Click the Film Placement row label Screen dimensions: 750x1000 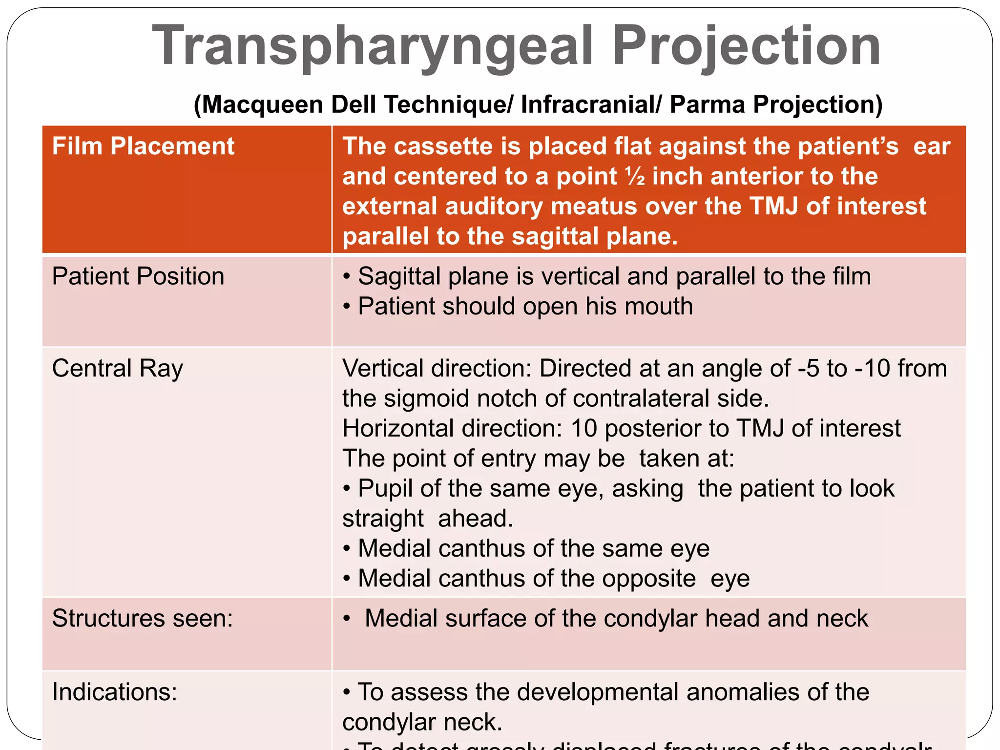pos(143,146)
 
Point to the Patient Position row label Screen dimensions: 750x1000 pos(138,276)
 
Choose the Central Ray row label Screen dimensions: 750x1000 pos(117,368)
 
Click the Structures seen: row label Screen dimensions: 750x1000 pos(143,618)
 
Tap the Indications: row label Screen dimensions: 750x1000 pos(115,692)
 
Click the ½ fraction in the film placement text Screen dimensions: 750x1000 pos(635,176)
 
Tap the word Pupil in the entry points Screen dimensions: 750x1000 pos(386,488)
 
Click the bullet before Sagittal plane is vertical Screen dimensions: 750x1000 pos(347,277)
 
